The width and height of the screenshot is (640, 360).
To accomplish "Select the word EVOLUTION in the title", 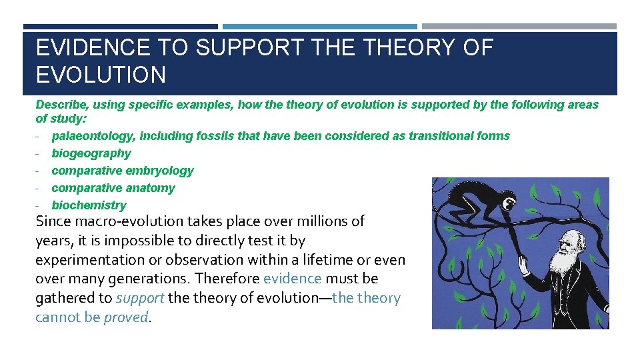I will click(x=101, y=75).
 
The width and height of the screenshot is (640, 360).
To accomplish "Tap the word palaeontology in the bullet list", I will click(x=93, y=136).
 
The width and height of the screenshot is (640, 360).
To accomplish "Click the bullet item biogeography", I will click(x=91, y=153).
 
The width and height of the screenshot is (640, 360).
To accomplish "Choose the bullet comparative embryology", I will click(x=122, y=171).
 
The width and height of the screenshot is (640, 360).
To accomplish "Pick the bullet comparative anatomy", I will click(x=113, y=188).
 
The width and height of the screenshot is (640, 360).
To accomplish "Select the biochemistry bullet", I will click(x=89, y=205).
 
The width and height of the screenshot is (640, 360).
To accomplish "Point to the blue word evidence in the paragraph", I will click(x=292, y=279).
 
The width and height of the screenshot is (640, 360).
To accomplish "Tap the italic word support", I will click(x=140, y=298).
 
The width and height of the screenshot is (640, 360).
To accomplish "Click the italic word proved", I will click(x=126, y=317).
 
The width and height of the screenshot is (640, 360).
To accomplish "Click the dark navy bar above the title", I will click(x=120, y=27).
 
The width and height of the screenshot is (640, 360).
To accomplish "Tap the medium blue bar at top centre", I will click(x=319, y=27).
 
